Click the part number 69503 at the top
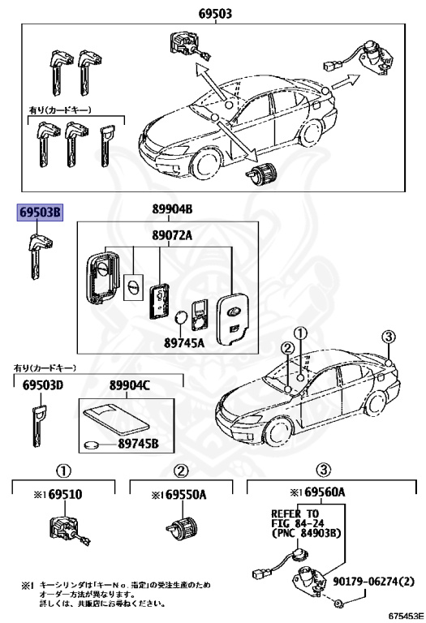tap(214, 13)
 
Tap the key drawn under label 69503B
tap(37, 252)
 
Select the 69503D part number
tap(42, 385)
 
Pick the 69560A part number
tap(316, 493)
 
